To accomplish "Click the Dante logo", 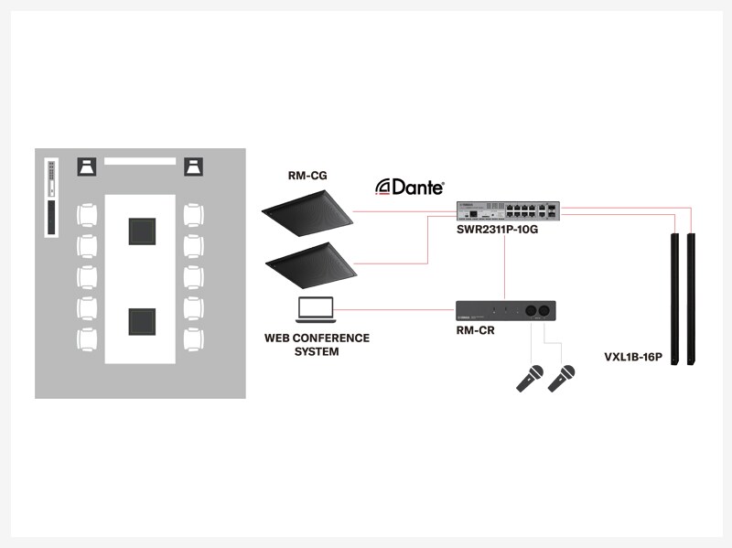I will [x=410, y=187].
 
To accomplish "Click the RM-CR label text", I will [x=475, y=329].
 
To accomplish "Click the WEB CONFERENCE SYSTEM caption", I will [x=317, y=344].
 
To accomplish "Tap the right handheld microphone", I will [x=562, y=378].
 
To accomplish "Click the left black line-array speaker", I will [x=675, y=299].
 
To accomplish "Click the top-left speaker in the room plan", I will [x=88, y=167].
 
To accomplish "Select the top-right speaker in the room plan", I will [x=194, y=167].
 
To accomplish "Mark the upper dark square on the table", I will [x=142, y=231].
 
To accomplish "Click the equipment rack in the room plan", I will [x=52, y=198].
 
